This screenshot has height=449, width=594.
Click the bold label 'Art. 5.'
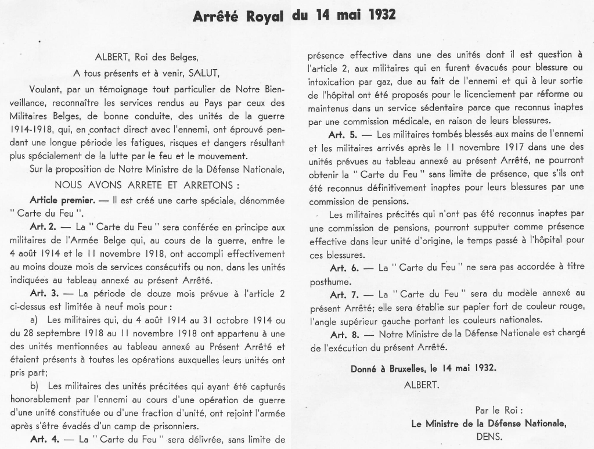(x=347, y=133)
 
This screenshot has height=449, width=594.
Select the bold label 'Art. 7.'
(x=347, y=293)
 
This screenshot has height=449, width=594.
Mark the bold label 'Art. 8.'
(x=347, y=334)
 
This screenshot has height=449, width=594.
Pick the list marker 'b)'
(x=34, y=386)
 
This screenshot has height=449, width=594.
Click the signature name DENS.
(x=489, y=436)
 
